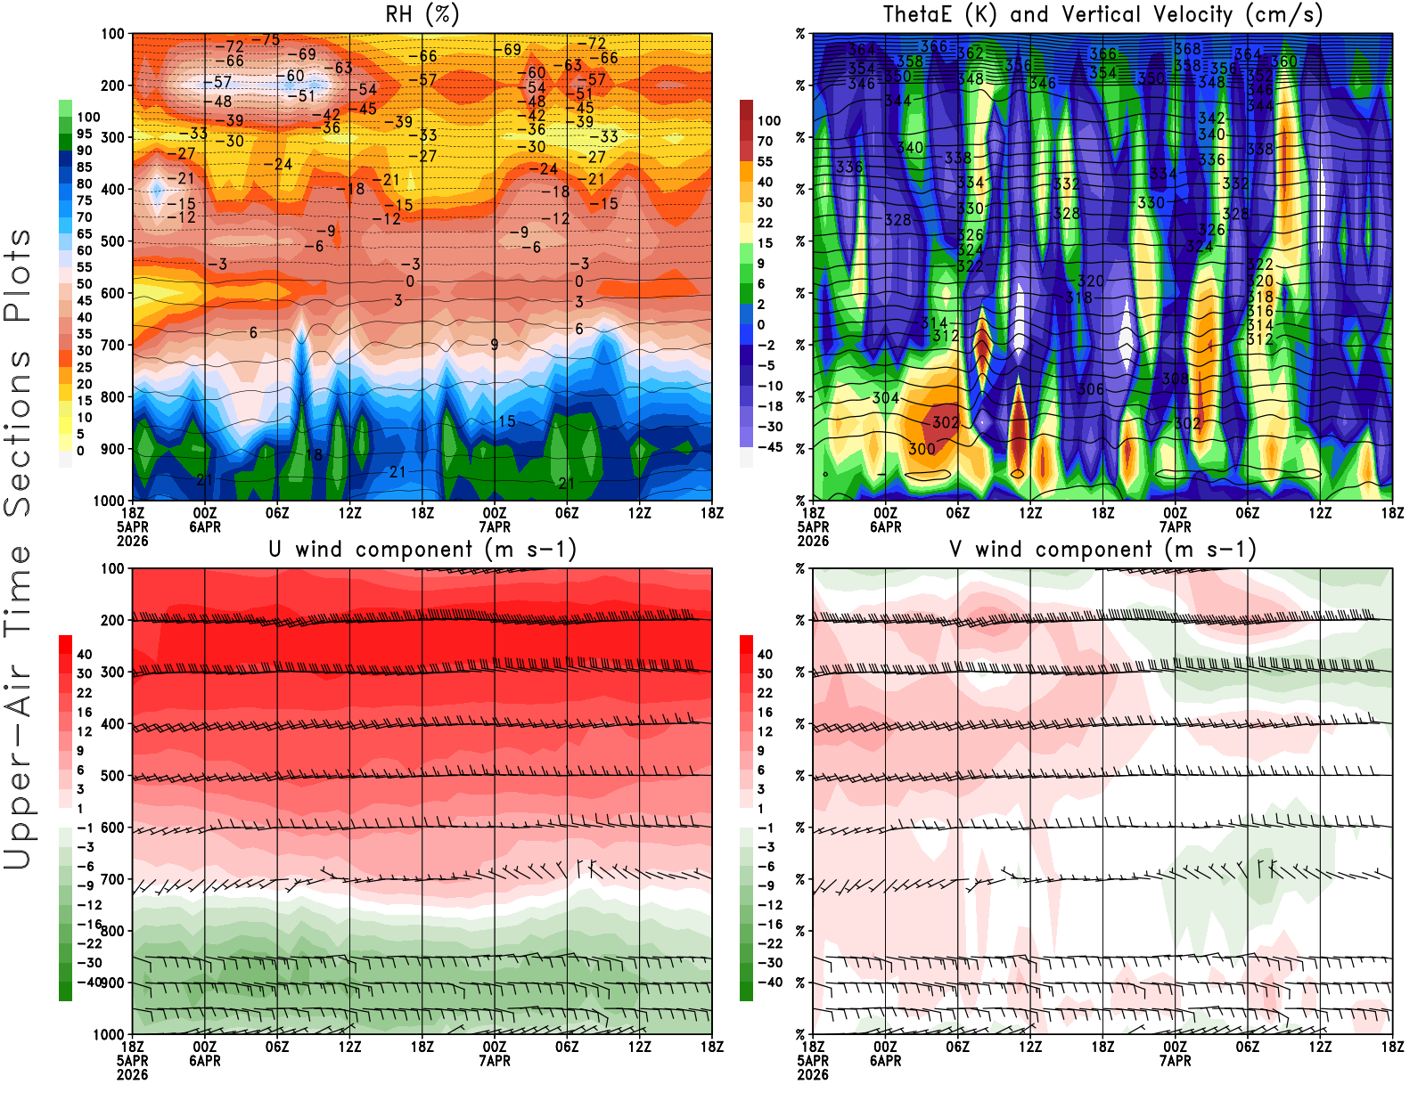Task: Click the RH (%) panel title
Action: click(422, 15)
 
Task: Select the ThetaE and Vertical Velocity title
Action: click(1102, 15)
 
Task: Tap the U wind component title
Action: click(422, 550)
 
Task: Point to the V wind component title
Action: click(1102, 550)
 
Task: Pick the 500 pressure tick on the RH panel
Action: click(112, 241)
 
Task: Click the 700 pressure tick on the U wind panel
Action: click(112, 879)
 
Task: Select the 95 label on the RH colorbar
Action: click(84, 134)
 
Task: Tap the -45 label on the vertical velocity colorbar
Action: click(770, 447)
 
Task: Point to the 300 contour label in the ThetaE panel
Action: click(922, 449)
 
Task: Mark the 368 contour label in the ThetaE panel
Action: click(1187, 49)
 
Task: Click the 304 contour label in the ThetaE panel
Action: click(885, 398)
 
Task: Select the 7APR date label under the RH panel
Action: click(495, 526)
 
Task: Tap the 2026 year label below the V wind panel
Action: click(813, 1074)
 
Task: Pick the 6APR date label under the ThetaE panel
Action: click(885, 526)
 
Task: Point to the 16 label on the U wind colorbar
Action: click(84, 712)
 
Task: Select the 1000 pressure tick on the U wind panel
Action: click(109, 1034)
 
